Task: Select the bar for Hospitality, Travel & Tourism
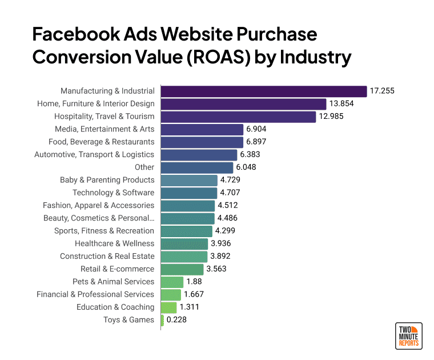click(x=238, y=117)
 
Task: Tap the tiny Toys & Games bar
click(x=163, y=320)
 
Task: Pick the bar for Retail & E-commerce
click(x=182, y=269)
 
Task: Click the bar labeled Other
click(x=197, y=167)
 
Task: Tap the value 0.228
click(x=177, y=320)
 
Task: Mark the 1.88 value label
click(x=194, y=282)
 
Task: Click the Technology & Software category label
click(x=113, y=193)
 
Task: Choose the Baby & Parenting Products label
click(x=107, y=180)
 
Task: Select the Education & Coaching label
click(x=115, y=307)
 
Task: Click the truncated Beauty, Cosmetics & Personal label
click(x=99, y=218)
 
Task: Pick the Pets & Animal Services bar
click(x=172, y=282)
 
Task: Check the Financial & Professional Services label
click(x=95, y=294)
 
